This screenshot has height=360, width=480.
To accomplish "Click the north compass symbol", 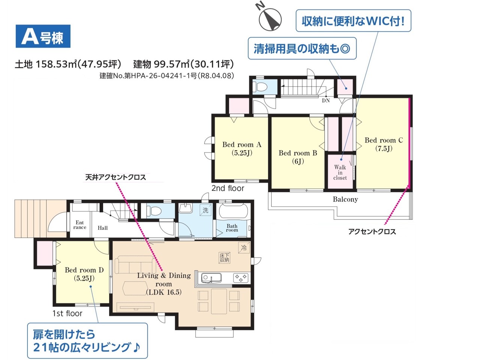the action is point(270,19).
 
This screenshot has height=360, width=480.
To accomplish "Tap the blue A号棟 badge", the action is point(43,36).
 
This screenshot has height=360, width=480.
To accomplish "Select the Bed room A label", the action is point(242,148).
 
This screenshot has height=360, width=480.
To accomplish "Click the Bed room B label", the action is point(298,157).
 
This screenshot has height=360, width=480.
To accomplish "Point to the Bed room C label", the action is point(384,144).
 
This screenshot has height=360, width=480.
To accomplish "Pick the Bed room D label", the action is point(84,274).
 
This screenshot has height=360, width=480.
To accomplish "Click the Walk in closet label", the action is point(340,172).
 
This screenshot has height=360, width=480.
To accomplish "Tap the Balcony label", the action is point(345,199).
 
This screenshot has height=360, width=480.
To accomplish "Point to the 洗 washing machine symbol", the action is point(205,210).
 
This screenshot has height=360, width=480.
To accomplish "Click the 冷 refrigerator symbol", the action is point(244,247).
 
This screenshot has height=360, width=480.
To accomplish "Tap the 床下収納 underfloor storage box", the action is point(224,258).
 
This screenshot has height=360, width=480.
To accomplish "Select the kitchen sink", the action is point(211,278).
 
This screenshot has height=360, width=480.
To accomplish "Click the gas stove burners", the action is point(241,278).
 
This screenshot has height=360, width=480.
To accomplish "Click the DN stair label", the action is point(325,100).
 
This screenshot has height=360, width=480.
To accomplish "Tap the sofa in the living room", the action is point(134,264).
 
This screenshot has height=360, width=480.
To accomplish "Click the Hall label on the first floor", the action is point(102,228).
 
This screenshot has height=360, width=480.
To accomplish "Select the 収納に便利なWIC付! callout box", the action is point(353,21).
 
